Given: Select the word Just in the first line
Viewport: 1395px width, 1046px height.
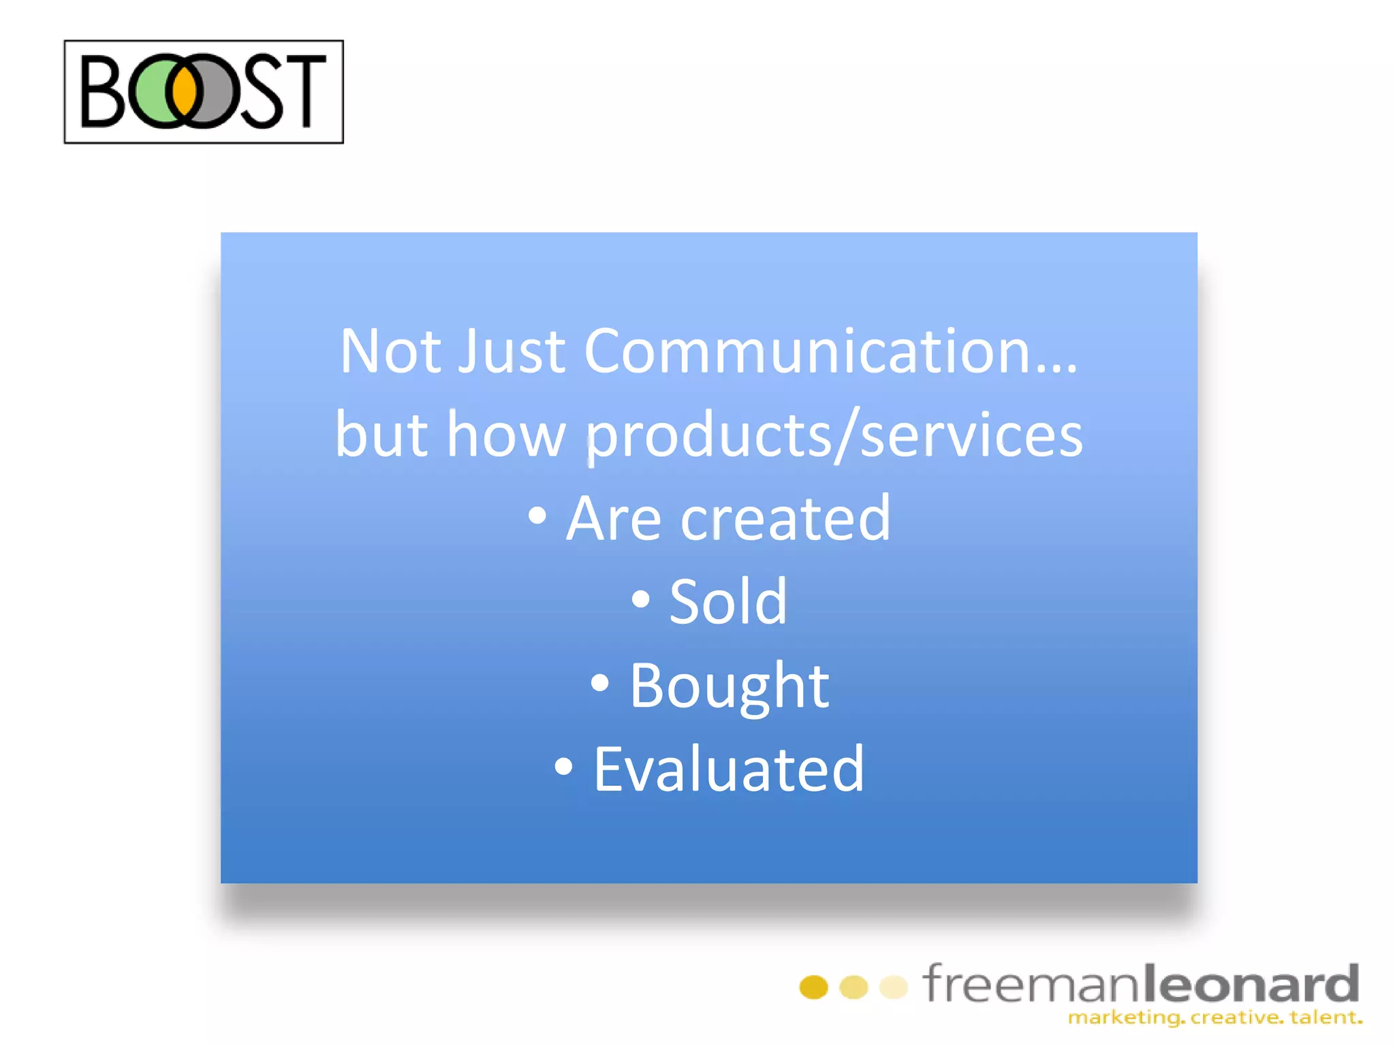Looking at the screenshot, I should click(511, 351).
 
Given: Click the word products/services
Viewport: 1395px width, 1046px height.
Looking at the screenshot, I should click(833, 436).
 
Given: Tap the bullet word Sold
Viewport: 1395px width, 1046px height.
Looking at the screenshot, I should click(727, 602).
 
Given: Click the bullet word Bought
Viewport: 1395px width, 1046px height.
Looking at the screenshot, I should click(728, 686).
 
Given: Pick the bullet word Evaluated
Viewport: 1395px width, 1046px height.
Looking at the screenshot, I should click(728, 770).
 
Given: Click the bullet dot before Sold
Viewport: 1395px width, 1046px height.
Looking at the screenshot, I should click(640, 599).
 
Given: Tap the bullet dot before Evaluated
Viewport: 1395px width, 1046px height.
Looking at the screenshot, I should click(563, 767).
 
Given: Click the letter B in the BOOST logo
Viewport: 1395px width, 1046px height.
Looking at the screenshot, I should click(102, 92).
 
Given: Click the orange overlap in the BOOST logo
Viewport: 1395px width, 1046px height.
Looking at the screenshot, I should click(185, 91).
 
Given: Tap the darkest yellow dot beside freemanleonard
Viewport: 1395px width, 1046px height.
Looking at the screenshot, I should click(813, 987).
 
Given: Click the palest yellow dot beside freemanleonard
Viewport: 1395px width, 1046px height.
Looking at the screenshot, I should click(893, 987).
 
